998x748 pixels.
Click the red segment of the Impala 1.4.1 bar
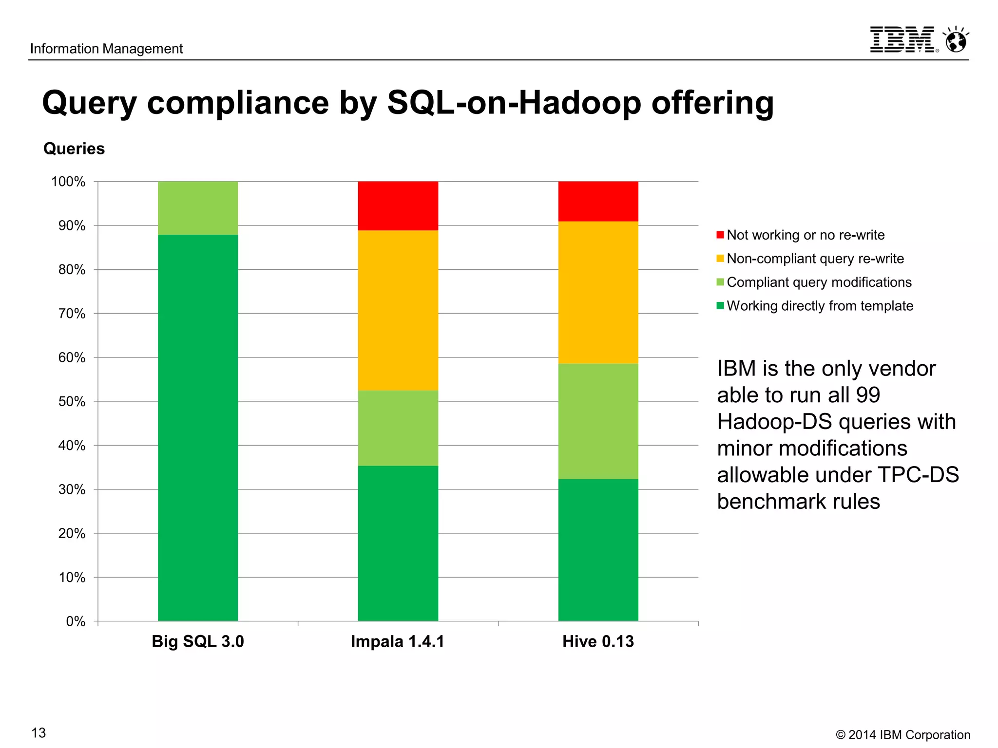point(398,206)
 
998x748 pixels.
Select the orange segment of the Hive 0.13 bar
point(598,292)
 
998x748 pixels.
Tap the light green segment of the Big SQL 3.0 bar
point(198,208)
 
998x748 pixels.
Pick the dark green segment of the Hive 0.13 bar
point(598,550)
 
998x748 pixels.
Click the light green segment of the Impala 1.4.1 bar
point(398,428)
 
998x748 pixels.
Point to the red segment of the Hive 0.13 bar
point(598,201)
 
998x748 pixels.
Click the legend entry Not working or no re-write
point(805,235)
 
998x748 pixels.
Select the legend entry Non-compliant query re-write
point(815,259)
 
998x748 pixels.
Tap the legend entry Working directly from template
point(820,306)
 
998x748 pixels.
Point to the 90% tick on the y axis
point(72,226)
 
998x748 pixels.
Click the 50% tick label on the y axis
point(72,402)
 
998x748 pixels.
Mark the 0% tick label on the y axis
point(76,621)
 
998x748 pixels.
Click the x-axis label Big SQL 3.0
point(197,641)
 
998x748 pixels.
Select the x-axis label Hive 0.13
point(598,641)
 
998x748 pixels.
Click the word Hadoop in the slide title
point(579,103)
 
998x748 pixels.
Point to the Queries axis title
point(74,149)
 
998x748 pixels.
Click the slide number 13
point(38,733)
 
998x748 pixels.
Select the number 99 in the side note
point(868,395)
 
